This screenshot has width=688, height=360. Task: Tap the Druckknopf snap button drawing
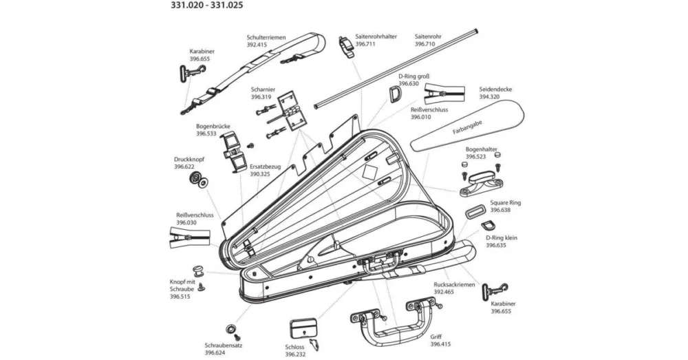pos(199,181)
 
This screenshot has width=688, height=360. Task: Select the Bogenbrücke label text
pos(213,127)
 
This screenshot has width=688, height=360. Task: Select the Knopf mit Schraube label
pos(183,286)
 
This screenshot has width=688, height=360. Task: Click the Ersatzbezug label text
pos(264,167)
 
